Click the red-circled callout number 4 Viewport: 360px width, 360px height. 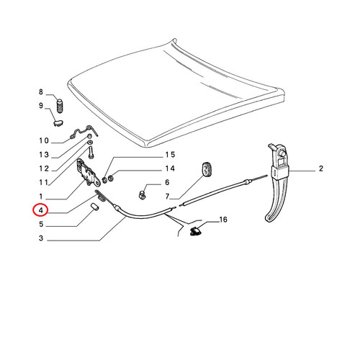pyautogui.click(x=41, y=210)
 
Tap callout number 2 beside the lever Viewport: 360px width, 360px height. pyautogui.click(x=321, y=168)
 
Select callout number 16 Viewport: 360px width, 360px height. pyautogui.click(x=223, y=220)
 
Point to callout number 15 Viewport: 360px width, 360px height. pyautogui.click(x=170, y=155)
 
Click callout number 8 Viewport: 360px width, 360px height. pyautogui.click(x=41, y=91)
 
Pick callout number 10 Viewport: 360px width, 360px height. pyautogui.click(x=44, y=140)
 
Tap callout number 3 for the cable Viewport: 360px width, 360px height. pyautogui.click(x=41, y=238)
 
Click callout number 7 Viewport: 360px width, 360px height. pyautogui.click(x=167, y=197)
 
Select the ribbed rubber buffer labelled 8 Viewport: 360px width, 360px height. pyautogui.click(x=60, y=106)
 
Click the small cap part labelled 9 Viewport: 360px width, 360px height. pyautogui.click(x=58, y=123)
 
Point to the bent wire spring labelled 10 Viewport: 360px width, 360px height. pyautogui.click(x=84, y=132)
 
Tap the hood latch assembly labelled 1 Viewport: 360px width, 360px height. pyautogui.click(x=88, y=172)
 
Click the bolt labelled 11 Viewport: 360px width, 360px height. pyautogui.click(x=91, y=152)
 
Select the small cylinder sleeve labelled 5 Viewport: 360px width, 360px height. pyautogui.click(x=95, y=207)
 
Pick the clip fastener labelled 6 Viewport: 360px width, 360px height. pyautogui.click(x=143, y=195)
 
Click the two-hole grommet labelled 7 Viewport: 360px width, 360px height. pyautogui.click(x=207, y=169)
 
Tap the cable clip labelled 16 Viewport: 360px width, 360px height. pyautogui.click(x=196, y=231)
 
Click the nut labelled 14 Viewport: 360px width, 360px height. pyautogui.click(x=111, y=179)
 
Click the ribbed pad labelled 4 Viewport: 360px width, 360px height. pyautogui.click(x=100, y=195)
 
